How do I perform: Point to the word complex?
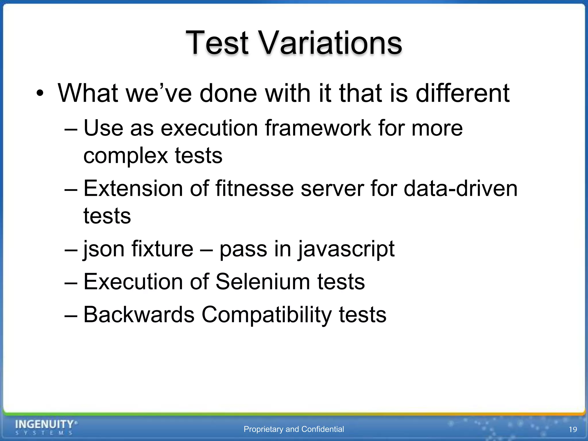(125, 156)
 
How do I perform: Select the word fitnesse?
(254, 189)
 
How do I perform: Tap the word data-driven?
(461, 189)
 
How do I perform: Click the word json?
(103, 249)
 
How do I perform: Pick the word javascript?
(346, 249)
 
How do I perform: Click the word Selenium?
(263, 282)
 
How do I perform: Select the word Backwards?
(139, 314)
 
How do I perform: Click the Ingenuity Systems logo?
(46, 427)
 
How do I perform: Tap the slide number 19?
(572, 430)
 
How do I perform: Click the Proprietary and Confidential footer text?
(293, 429)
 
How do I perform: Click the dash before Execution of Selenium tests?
(71, 282)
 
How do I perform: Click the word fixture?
(162, 249)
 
